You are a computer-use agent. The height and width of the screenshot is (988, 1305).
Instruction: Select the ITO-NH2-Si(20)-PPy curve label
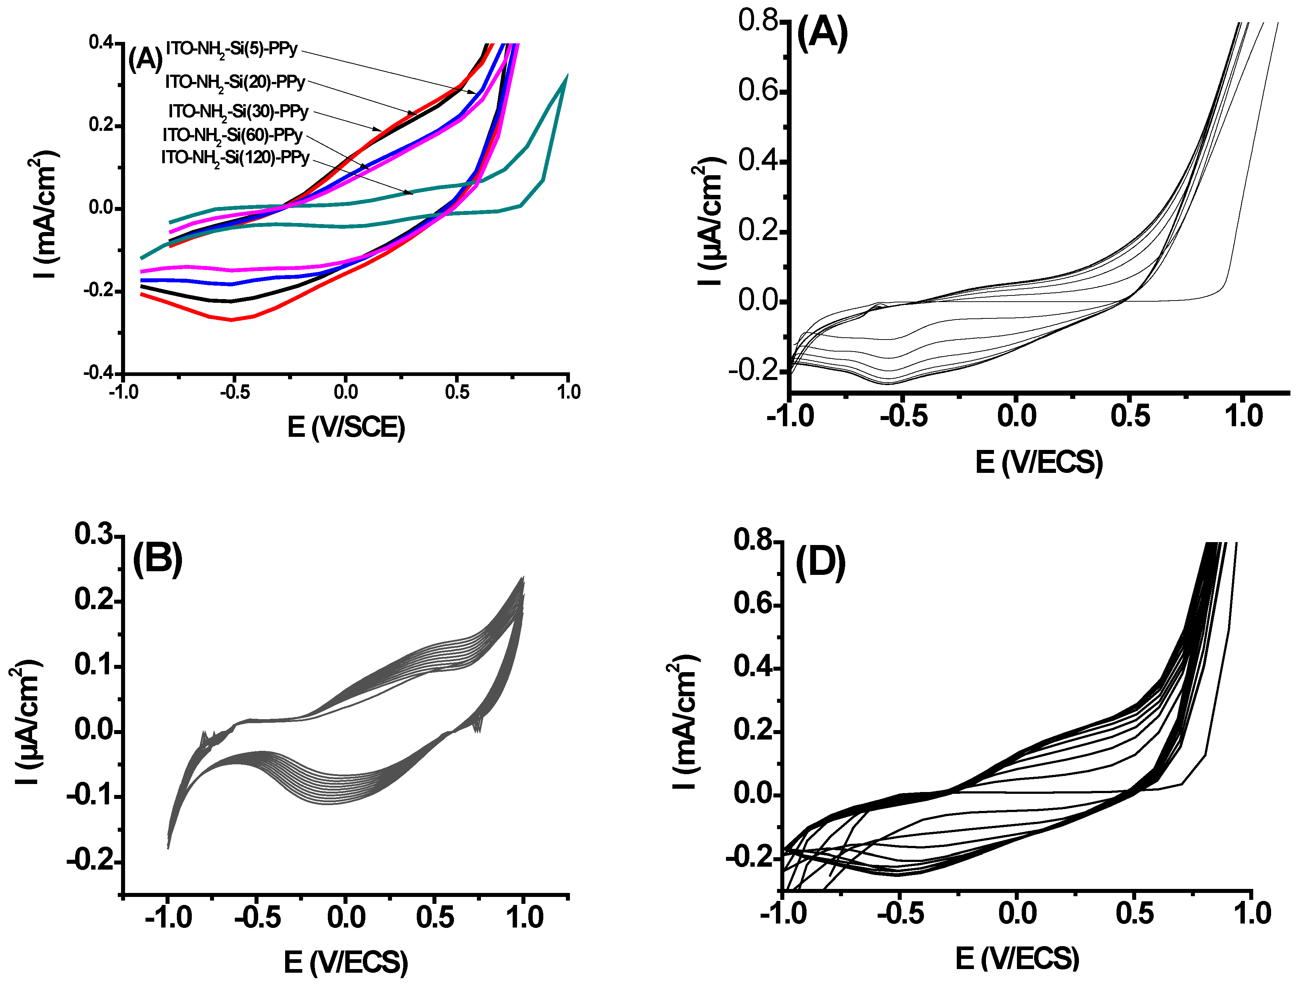(235, 83)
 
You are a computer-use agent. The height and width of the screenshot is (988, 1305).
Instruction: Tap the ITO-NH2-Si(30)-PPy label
(238, 112)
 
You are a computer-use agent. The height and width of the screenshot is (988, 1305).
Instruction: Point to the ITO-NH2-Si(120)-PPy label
(235, 158)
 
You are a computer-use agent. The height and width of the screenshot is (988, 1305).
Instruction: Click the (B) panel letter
(157, 558)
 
